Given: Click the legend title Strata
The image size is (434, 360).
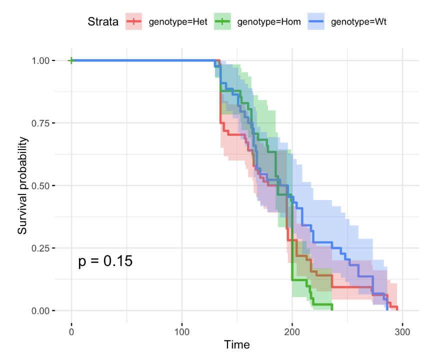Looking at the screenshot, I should pyautogui.click(x=102, y=21).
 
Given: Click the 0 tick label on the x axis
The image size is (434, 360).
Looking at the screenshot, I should pyautogui.click(x=71, y=330).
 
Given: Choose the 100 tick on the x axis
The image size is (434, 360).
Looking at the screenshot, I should pyautogui.click(x=182, y=330).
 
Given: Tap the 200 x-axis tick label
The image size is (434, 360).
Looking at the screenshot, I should pyautogui.click(x=292, y=330).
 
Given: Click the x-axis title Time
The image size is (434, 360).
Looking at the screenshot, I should pyautogui.click(x=237, y=344).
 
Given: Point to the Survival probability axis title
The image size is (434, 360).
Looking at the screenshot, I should pyautogui.click(x=22, y=185).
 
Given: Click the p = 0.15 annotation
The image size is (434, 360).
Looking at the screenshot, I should pyautogui.click(x=105, y=260).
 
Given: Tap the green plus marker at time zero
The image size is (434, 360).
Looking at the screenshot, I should pyautogui.click(x=71, y=60).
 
